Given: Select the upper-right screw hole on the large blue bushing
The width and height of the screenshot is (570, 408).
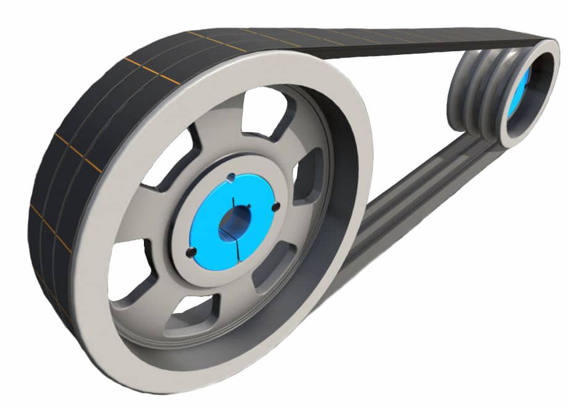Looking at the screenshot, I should point(275,206).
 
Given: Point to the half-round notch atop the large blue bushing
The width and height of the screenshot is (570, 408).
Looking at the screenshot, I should point(231,178).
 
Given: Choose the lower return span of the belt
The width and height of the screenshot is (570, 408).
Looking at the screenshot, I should point(408,198).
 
